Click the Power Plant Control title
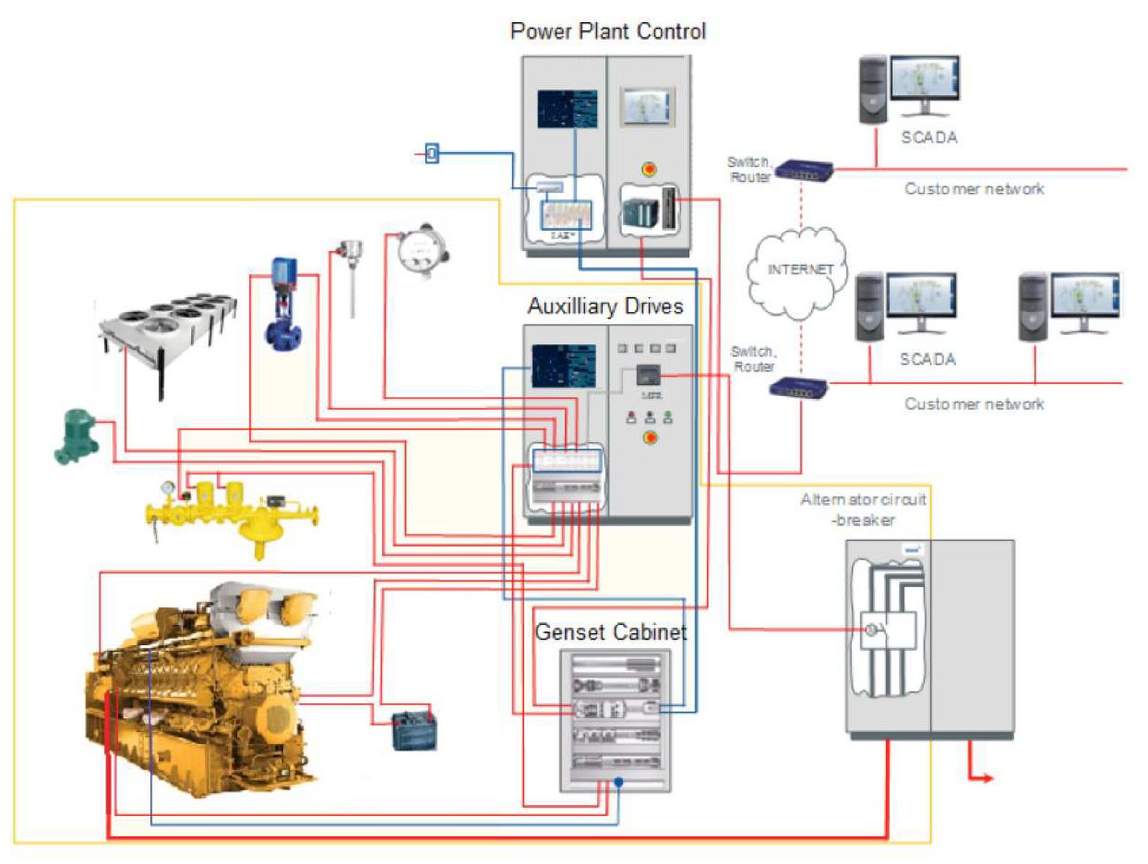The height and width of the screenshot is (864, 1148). point(607,31)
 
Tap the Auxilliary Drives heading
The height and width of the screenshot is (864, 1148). point(605,306)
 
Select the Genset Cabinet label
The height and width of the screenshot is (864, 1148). point(612,633)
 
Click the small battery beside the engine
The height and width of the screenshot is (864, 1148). point(414,729)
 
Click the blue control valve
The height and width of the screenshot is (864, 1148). point(280,305)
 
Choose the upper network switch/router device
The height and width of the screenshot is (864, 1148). point(804,169)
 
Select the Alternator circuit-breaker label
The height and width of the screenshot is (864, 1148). point(863,508)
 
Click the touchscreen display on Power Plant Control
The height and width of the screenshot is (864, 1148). point(647,106)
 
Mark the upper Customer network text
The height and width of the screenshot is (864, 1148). point(974,188)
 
